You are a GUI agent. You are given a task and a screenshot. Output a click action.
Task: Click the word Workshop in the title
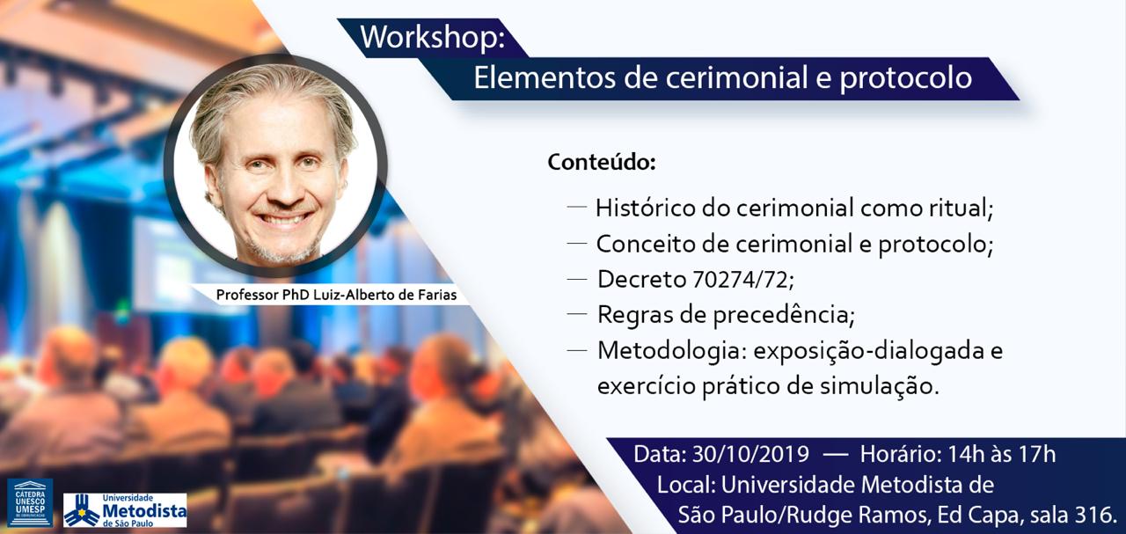pos(428,37)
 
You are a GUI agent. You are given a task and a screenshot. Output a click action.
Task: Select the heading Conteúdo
pos(602,162)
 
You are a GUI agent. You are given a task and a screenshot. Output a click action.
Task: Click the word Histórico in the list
pos(645,208)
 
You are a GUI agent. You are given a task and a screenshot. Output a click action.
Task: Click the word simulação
pos(880,387)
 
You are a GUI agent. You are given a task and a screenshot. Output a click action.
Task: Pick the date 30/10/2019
pos(750,454)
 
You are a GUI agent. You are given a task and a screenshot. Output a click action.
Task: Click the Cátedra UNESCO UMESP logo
pos(30,502)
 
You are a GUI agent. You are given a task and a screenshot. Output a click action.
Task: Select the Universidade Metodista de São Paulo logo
pos(125,510)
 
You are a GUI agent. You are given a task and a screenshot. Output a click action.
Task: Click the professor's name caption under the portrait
pos(336,295)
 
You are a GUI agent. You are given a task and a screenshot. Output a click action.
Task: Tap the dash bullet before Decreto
pos(576,280)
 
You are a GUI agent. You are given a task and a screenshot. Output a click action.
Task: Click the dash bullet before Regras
pos(576,314)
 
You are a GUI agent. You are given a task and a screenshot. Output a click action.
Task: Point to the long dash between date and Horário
pos(836,455)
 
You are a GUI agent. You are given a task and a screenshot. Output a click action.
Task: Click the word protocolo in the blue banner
pos(906,78)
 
